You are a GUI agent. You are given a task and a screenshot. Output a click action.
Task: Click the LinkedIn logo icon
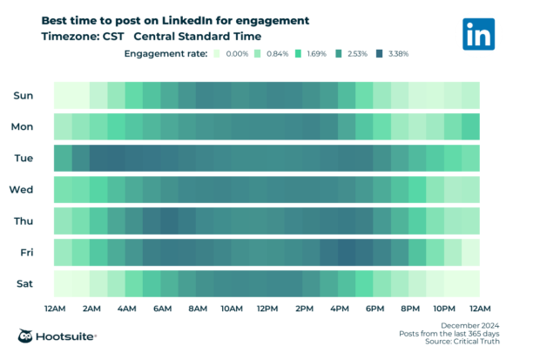pos(479,34)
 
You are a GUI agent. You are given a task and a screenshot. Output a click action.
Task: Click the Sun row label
pos(24,95)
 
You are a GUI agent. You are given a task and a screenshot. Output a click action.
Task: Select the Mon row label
pos(23,126)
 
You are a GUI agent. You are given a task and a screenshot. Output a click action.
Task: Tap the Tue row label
pos(24,158)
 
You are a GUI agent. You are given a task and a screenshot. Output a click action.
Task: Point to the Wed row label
pos(22,189)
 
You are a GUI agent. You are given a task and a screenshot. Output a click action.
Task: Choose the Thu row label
pos(24,221)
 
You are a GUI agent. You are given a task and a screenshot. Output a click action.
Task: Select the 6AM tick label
pos(161,308)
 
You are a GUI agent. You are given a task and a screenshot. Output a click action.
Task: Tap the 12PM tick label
pos(267,308)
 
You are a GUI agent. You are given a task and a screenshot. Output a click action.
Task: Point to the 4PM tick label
pos(339,308)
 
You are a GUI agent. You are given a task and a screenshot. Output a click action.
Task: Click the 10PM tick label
pos(444,308)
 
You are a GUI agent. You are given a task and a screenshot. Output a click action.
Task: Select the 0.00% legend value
pos(237,54)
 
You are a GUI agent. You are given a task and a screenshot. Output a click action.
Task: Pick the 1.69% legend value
pos(317,54)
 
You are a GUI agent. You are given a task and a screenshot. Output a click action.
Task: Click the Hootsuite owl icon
pos(27,336)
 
